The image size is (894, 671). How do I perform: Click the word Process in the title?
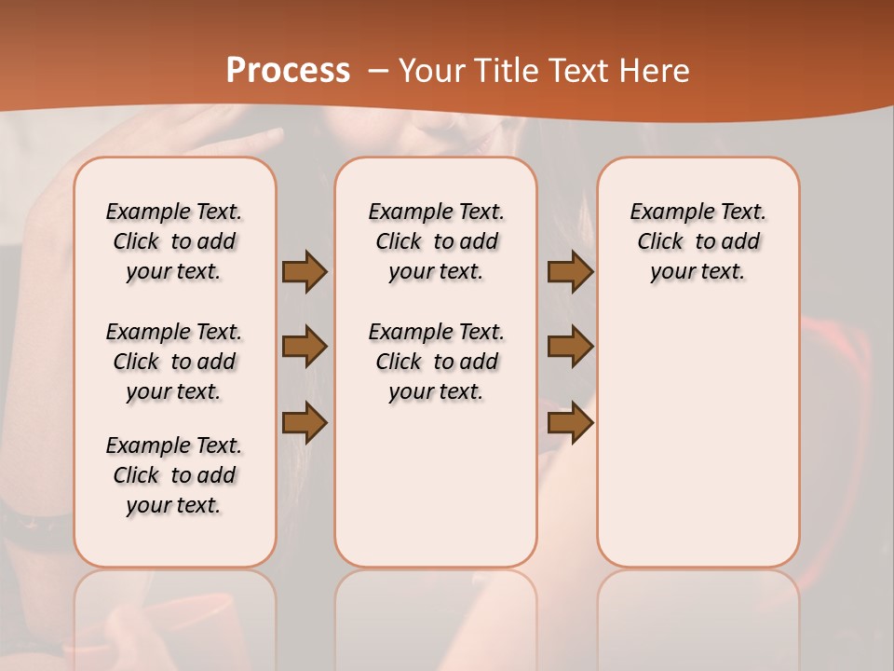(x=288, y=71)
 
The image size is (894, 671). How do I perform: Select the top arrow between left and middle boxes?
(x=304, y=271)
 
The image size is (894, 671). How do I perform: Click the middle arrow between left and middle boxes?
(x=304, y=347)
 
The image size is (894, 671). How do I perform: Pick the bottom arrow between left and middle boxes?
(x=304, y=422)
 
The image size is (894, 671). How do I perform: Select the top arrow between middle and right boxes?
(x=570, y=271)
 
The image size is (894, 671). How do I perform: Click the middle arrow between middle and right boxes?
(x=570, y=347)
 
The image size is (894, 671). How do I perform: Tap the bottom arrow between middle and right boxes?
(x=570, y=422)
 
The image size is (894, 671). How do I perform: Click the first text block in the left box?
(x=174, y=241)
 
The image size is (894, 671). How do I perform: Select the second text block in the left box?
(x=174, y=362)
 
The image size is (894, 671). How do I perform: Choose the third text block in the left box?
(x=174, y=475)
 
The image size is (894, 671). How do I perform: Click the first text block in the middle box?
(x=437, y=241)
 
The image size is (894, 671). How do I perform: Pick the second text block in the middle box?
(x=437, y=362)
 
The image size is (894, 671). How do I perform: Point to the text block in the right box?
(x=698, y=241)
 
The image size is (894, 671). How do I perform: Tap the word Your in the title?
(x=429, y=71)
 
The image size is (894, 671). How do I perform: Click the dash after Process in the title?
(x=377, y=71)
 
